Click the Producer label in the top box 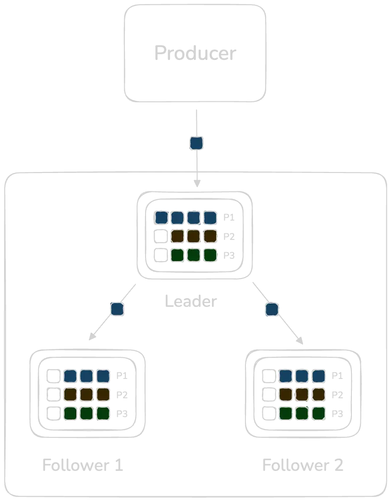[x=194, y=52]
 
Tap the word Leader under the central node [x=189, y=301]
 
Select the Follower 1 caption [x=82, y=464]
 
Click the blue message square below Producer [x=196, y=142]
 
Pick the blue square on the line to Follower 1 [x=116, y=309]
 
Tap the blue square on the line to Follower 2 [x=272, y=309]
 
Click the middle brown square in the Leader [x=194, y=236]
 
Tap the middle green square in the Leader [x=194, y=255]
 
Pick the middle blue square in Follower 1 [x=86, y=376]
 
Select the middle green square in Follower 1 [x=86, y=413]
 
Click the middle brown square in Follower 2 [x=302, y=394]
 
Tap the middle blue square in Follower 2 [x=302, y=376]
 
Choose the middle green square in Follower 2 [x=302, y=413]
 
